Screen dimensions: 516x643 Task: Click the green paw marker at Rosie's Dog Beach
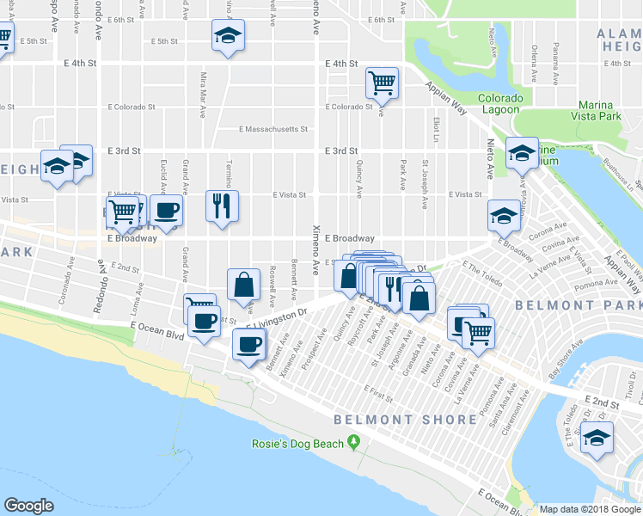(x=352, y=444)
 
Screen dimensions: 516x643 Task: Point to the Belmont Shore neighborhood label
(x=405, y=420)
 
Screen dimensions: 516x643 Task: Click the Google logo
(x=28, y=506)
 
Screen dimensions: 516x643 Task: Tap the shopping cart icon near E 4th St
(x=382, y=83)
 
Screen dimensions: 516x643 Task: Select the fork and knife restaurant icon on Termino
(x=222, y=205)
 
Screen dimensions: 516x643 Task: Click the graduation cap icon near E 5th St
(x=228, y=35)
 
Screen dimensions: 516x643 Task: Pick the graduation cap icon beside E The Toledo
(x=597, y=438)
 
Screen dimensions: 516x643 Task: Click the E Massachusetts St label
(x=273, y=130)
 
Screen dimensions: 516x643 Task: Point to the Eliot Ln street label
(x=437, y=130)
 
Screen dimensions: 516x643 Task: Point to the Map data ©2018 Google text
(x=589, y=509)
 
